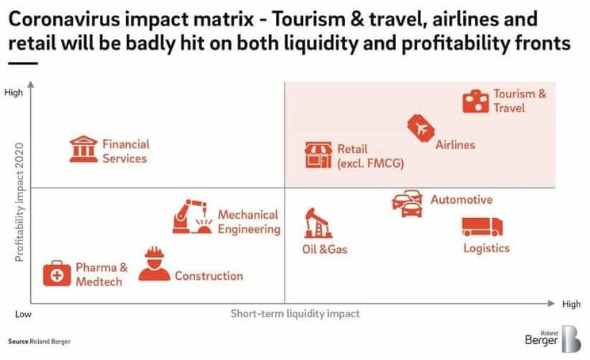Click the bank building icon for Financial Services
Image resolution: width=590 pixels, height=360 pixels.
[83, 149]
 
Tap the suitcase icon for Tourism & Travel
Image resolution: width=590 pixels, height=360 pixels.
[476, 101]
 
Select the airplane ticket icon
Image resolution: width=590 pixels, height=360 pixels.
[420, 128]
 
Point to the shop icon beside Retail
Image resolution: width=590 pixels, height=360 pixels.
[318, 155]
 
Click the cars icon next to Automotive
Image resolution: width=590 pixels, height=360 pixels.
[407, 204]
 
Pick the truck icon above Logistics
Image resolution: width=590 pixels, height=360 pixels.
[482, 227]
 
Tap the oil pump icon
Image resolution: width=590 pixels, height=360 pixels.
[318, 223]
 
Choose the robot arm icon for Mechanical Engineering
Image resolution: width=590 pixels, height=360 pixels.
[192, 216]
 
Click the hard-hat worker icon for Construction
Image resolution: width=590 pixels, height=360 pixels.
[155, 264]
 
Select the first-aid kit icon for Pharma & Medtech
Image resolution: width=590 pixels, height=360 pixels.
[57, 274]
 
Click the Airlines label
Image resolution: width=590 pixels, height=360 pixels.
[455, 145]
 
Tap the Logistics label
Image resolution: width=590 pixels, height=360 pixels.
[487, 248]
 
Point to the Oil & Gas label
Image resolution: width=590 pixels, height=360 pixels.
[324, 249]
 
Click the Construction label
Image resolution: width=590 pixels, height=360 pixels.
[209, 276]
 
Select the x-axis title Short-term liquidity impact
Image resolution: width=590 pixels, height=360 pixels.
[295, 313]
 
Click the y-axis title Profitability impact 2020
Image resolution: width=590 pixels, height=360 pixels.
[19, 202]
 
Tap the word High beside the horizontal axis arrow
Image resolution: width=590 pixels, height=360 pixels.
[571, 304]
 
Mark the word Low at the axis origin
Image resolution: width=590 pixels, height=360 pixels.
[23, 314]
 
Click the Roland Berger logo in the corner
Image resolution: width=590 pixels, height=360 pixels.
[553, 339]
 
